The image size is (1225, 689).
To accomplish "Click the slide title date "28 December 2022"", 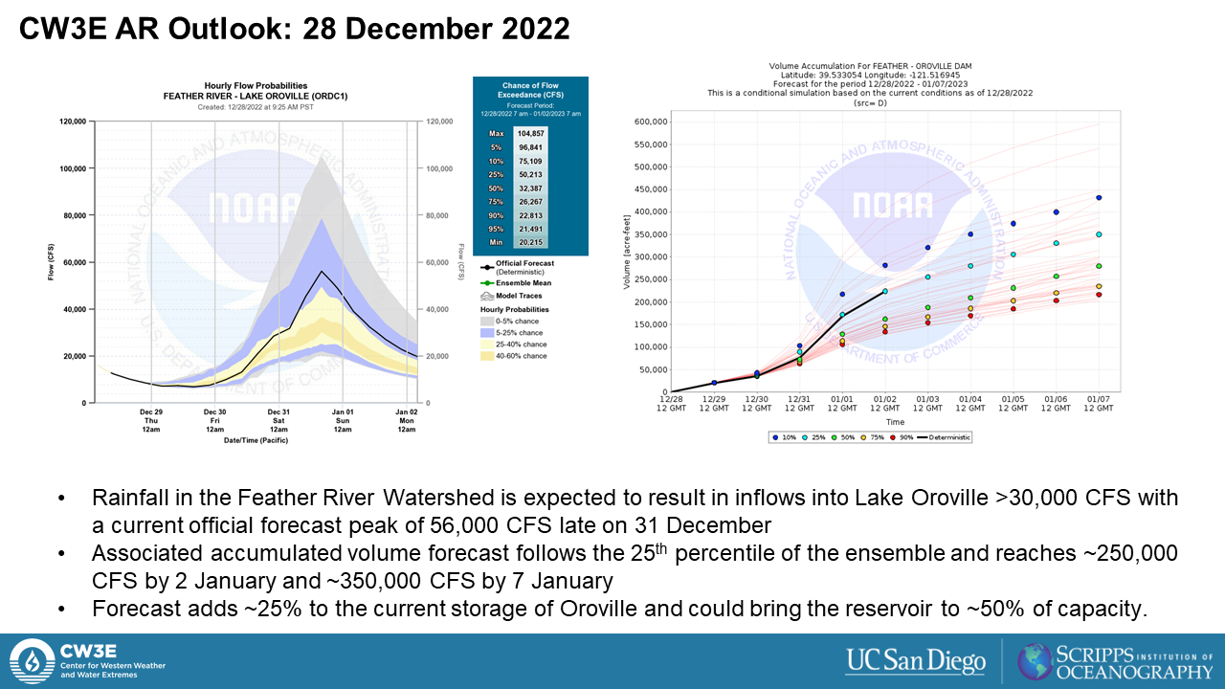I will tap(436, 30).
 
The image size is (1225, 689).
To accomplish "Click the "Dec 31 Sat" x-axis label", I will tap(278, 422).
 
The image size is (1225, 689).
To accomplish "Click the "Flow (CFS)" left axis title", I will tap(51, 262).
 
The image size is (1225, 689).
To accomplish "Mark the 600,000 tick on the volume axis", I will tap(645, 122).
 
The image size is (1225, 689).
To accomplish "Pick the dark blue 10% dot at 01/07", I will tap(1099, 198).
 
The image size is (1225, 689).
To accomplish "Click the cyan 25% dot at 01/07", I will tap(1099, 234).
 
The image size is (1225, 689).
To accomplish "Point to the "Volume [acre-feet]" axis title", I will tap(627, 257).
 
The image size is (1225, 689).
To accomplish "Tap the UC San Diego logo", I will tap(915, 661).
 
